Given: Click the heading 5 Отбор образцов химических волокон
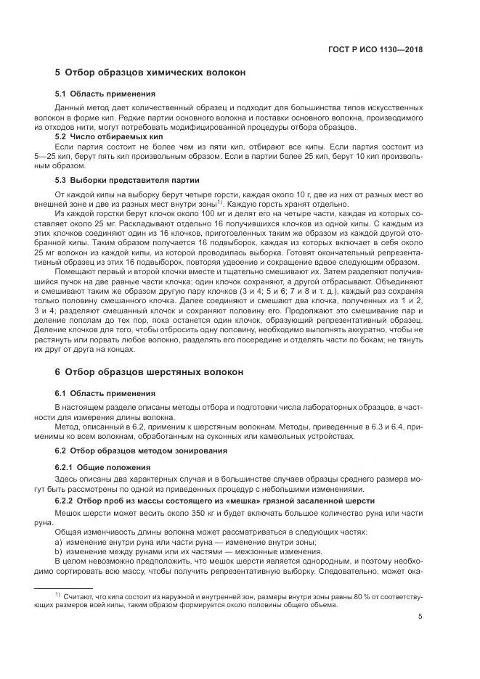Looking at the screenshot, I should [150, 73].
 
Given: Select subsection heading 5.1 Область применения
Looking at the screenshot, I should [105, 94].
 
